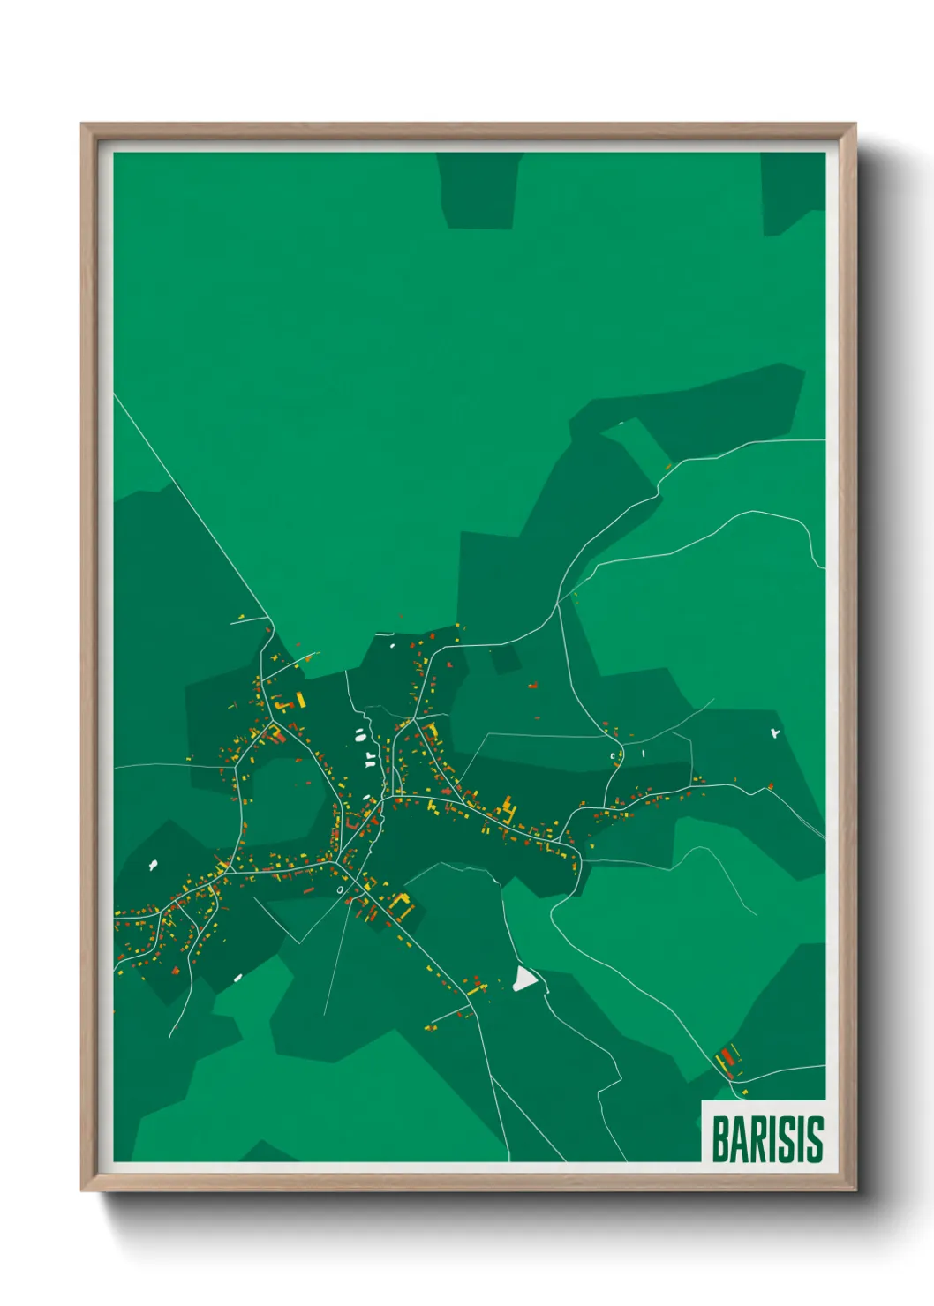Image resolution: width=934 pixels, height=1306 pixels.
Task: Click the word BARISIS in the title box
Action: click(x=766, y=1139)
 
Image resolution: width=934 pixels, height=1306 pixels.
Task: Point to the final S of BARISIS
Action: click(x=814, y=1139)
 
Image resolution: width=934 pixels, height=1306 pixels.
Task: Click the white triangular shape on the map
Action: click(x=524, y=978)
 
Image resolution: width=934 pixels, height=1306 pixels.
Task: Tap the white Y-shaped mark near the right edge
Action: click(x=775, y=732)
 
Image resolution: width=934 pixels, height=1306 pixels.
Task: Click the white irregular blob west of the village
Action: click(x=154, y=865)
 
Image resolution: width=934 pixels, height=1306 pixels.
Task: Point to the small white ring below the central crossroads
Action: click(x=340, y=890)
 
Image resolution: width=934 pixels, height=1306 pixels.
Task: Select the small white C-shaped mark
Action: click(x=614, y=756)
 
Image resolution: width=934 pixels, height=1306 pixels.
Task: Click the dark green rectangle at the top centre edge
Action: click(x=478, y=191)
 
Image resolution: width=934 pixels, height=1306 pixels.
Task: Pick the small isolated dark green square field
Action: click(x=504, y=658)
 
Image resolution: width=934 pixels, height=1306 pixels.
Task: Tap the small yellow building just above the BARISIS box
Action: click(x=744, y=1092)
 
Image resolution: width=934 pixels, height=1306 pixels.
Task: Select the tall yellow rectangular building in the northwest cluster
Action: click(x=300, y=700)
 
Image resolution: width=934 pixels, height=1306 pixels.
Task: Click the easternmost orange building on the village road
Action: click(x=770, y=784)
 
